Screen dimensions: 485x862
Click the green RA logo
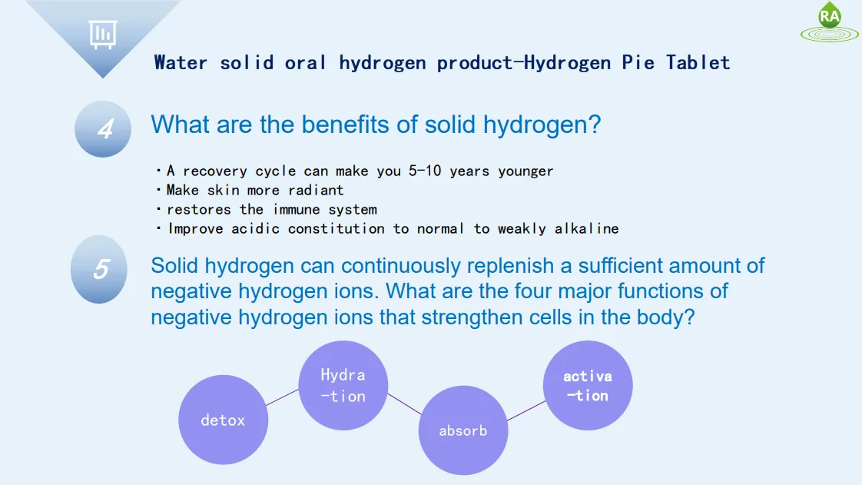coord(830,22)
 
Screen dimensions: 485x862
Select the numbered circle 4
coord(103,129)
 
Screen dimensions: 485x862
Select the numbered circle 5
coord(99,269)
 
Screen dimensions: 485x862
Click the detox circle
coord(223,420)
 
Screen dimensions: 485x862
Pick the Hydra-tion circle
coord(343,386)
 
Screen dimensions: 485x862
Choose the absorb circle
coord(462,430)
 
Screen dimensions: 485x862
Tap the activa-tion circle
coord(588,386)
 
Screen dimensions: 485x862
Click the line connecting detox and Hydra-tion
coord(283,397)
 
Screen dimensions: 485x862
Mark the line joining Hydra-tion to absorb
coord(404,404)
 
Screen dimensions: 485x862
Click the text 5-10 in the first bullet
coord(424,171)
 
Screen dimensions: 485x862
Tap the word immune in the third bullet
coord(296,209)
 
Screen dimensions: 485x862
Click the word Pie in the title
coord(638,62)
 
